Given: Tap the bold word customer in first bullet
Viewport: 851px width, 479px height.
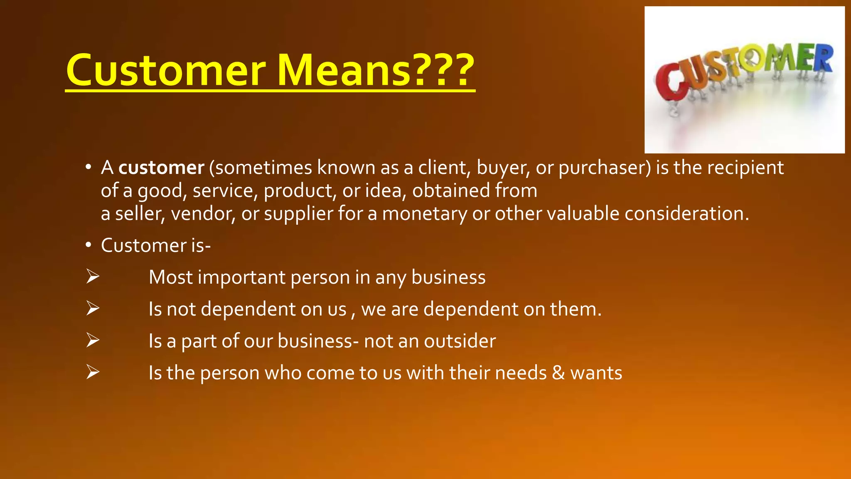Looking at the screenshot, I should click(161, 168).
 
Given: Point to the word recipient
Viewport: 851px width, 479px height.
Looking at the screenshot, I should click(745, 168).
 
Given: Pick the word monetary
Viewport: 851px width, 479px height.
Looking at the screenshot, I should click(424, 214).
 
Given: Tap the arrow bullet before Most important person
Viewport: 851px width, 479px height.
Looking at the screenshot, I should click(93, 277).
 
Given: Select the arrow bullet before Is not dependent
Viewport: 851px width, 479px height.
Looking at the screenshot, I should click(93, 309).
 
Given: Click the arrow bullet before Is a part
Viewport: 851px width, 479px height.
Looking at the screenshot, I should click(93, 341).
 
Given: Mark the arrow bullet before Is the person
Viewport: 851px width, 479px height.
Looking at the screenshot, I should click(93, 372).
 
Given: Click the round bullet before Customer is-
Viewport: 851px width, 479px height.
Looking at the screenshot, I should click(88, 245).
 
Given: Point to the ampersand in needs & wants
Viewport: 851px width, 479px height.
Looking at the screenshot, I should click(558, 373).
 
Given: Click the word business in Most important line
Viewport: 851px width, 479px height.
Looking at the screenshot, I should click(448, 277).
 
